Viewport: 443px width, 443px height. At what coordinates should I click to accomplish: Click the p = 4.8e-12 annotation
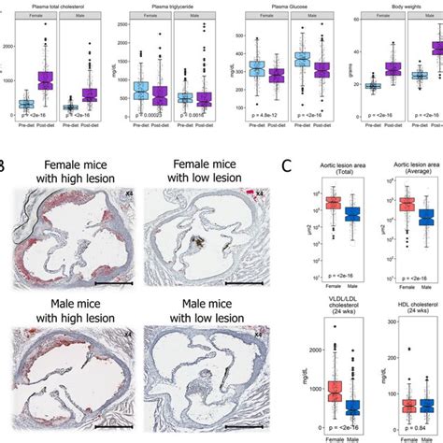pyautogui.click(x=279, y=120)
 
